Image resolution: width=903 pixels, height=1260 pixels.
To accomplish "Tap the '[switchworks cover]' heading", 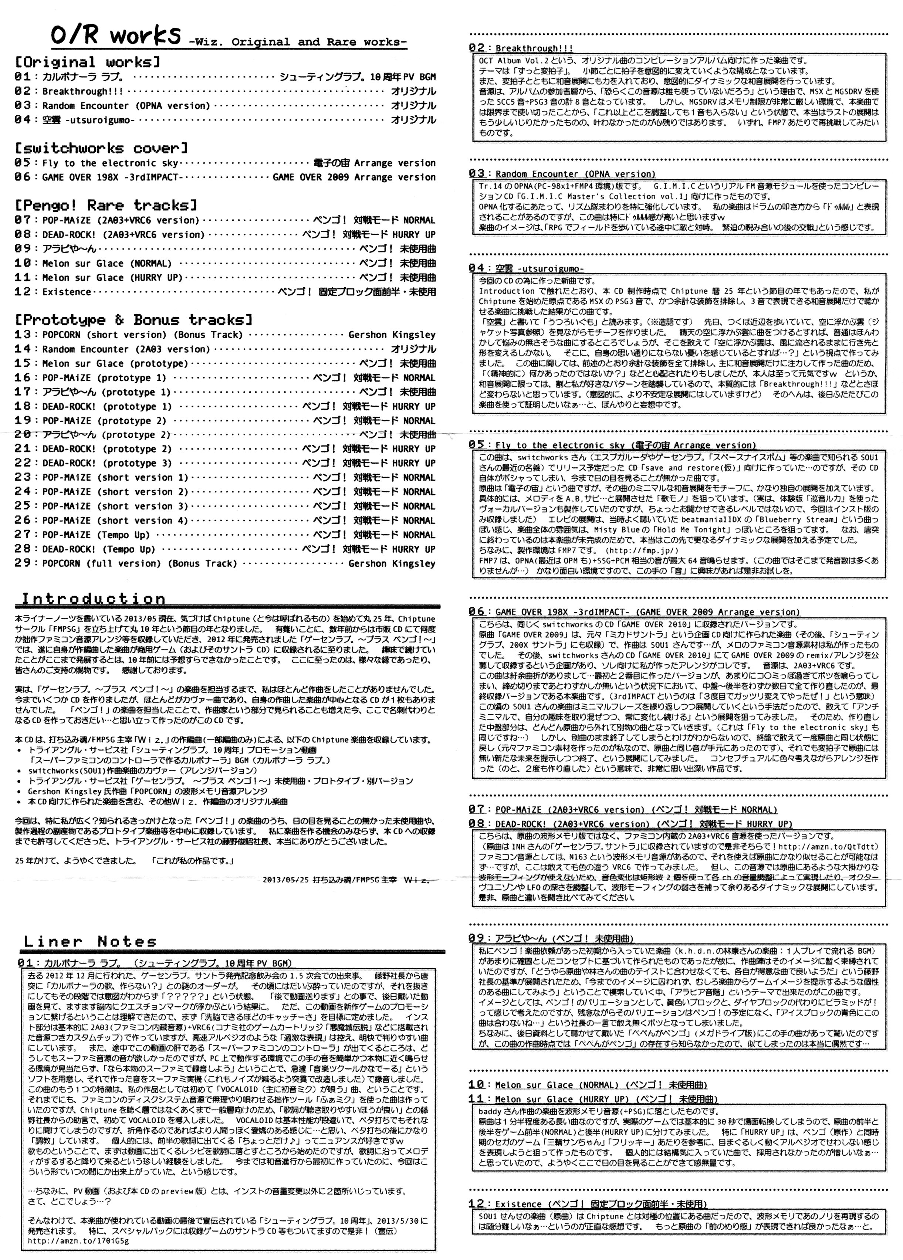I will (x=101, y=148).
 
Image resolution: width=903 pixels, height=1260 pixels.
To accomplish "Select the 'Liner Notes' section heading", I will (x=90, y=941).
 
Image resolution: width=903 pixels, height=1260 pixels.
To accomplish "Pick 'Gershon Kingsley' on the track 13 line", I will (x=392, y=335).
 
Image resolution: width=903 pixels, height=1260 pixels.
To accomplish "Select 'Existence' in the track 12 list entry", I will (x=67, y=292).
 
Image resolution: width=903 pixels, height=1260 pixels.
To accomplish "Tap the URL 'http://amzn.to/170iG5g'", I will (x=74, y=1240).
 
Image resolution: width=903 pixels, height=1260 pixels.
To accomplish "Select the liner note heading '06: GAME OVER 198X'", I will (x=633, y=612).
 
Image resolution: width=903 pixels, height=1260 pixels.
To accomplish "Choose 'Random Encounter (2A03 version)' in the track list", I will (x=126, y=349).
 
